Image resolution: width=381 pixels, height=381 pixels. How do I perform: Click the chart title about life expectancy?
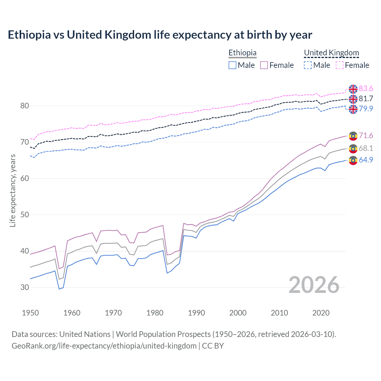click(x=160, y=35)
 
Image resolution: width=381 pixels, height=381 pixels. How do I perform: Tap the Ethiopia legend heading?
click(x=242, y=53)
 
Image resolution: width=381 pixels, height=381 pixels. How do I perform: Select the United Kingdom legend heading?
click(x=331, y=53)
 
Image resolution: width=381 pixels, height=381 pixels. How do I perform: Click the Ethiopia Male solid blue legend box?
click(x=232, y=65)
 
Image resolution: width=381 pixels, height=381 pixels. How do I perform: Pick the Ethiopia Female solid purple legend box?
click(x=264, y=65)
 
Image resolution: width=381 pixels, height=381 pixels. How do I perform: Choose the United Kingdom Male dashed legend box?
click(x=308, y=65)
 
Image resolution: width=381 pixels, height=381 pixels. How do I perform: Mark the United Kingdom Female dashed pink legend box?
click(x=340, y=65)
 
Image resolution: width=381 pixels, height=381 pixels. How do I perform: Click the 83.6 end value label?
click(x=366, y=89)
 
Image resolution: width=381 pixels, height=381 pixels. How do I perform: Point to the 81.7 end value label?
click(x=366, y=99)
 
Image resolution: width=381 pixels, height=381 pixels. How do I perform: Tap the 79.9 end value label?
click(x=366, y=109)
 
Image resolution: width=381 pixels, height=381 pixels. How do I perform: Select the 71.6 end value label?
click(x=366, y=136)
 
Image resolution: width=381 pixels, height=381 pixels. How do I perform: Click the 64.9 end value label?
click(x=366, y=160)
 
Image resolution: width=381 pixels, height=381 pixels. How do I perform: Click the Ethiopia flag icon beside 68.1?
click(x=353, y=149)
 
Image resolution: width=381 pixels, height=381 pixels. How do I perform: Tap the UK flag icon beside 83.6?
click(x=353, y=89)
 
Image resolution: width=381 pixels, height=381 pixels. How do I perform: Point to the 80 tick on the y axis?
click(x=25, y=106)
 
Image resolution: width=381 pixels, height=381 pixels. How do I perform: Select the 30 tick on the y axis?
click(x=25, y=288)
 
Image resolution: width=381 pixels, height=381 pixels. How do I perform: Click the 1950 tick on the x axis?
click(x=30, y=313)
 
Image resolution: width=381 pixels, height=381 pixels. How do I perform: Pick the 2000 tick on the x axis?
click(x=238, y=313)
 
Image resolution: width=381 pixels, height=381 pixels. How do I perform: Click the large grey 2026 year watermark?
click(x=314, y=285)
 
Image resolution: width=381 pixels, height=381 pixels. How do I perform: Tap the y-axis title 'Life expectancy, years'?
click(x=13, y=190)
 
